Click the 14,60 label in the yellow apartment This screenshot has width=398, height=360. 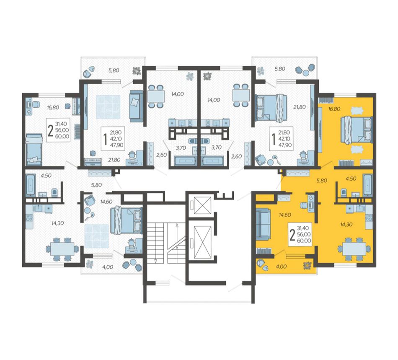pyautogui.click(x=285, y=215)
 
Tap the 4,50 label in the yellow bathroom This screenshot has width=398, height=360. pyautogui.click(x=351, y=179)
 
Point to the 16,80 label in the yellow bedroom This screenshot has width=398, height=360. pyautogui.click(x=334, y=109)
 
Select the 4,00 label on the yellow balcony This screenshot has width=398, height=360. pyautogui.click(x=281, y=267)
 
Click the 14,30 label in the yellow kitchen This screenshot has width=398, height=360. pyautogui.click(x=346, y=225)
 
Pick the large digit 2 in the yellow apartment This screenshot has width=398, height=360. pyautogui.click(x=292, y=236)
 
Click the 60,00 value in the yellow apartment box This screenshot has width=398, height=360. pyautogui.click(x=304, y=241)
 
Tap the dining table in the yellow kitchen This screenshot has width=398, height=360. pyautogui.click(x=354, y=249)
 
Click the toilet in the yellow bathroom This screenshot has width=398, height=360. pyautogui.click(x=344, y=192)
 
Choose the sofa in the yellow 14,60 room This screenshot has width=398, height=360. pyautogui.click(x=262, y=224)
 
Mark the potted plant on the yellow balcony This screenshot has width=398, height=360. pyautogui.click(x=308, y=266)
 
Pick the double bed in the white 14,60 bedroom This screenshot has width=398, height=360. pyautogui.click(x=126, y=220)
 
